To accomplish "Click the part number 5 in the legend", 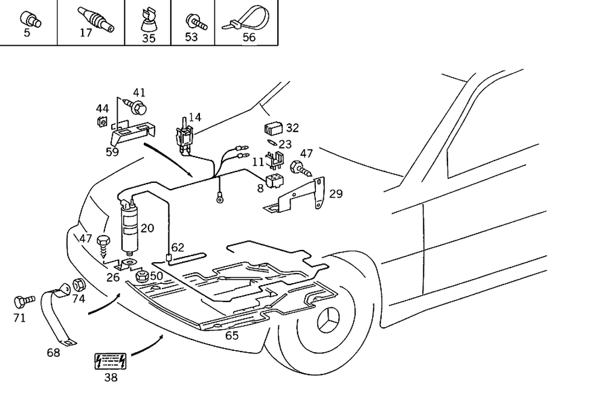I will pos(27,33).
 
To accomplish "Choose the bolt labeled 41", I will pos(137,107).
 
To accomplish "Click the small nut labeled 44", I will pos(103,123).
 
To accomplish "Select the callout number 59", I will pos(112,152).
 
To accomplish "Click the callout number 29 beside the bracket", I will pos(336,194).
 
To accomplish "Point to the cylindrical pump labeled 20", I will pos(129,228).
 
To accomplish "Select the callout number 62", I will pos(177,248).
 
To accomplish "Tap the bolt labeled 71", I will pos(21,300).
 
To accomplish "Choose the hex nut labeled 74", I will pos(78,284).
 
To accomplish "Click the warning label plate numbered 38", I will pos(110,361).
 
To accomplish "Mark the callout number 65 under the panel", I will pos(232,336).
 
